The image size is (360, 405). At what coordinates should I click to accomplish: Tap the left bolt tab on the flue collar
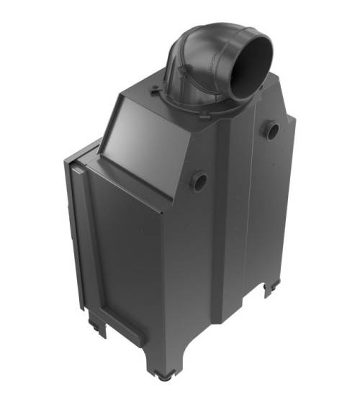(x=156, y=89)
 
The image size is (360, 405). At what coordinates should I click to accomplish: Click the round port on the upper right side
(x=271, y=130)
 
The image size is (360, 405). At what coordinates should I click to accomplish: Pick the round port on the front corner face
(x=199, y=181)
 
